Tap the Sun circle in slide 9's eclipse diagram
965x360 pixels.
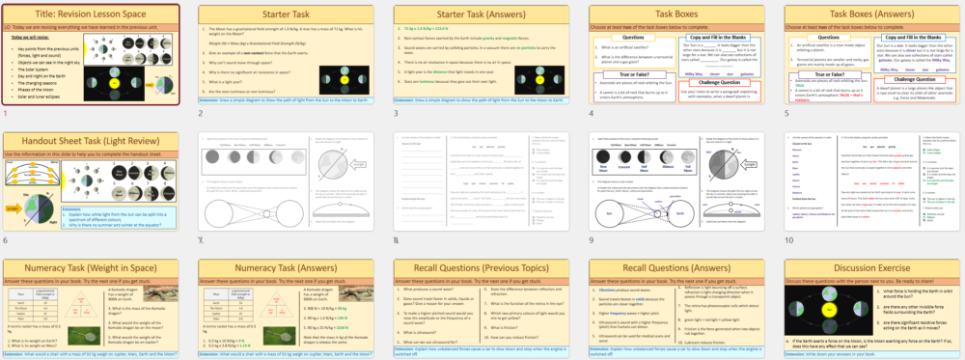coord(610,214)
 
